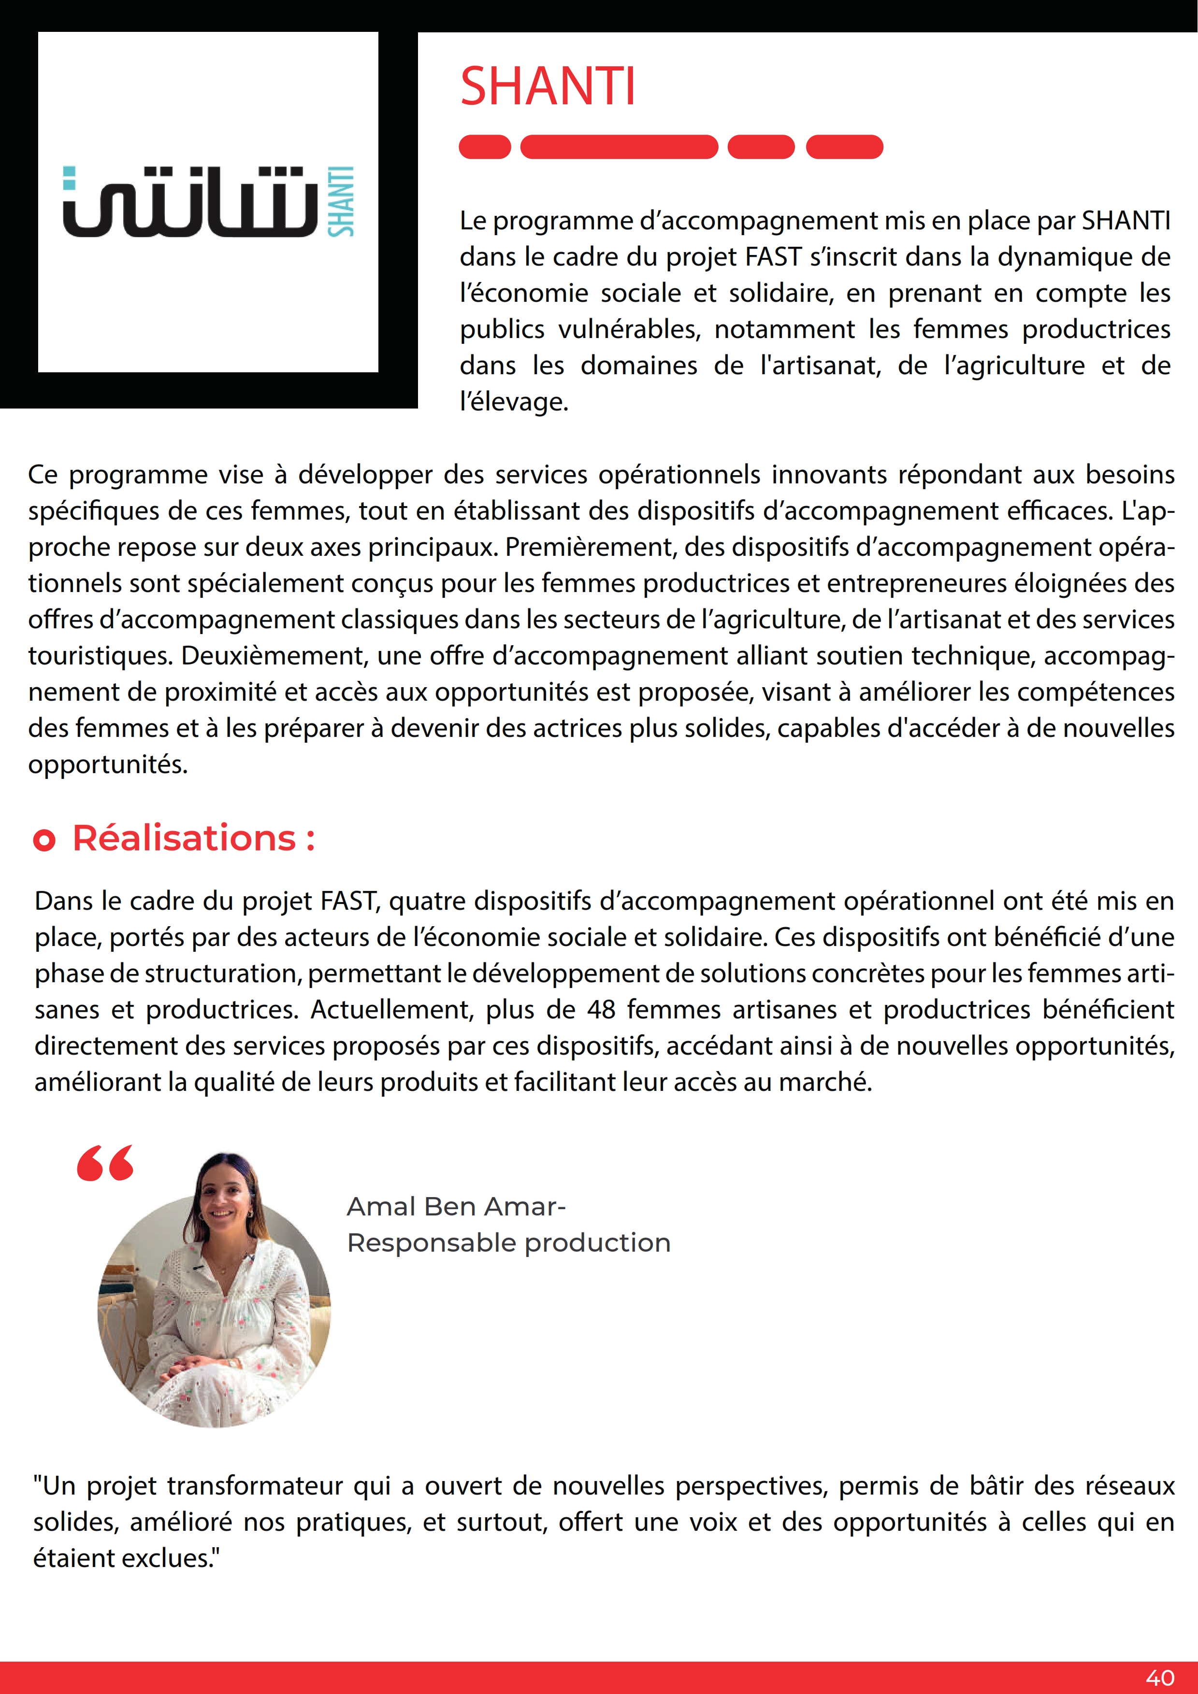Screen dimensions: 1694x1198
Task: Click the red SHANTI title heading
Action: coord(547,86)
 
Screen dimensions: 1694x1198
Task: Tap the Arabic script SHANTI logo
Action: coord(190,202)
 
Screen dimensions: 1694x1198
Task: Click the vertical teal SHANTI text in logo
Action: coord(341,201)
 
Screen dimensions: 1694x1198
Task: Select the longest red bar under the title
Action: coord(619,147)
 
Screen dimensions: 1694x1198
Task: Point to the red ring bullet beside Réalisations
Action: coord(44,840)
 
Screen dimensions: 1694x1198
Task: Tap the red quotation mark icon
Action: coord(105,1163)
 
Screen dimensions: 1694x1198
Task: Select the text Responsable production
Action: coord(508,1242)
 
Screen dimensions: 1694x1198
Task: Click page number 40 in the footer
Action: coord(1160,1678)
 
